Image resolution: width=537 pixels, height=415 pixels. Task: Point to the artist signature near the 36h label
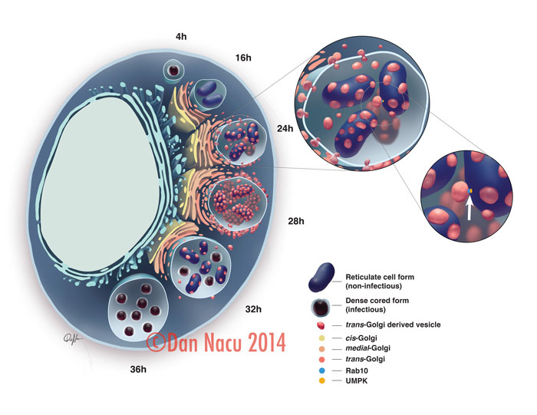click(x=75, y=338)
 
